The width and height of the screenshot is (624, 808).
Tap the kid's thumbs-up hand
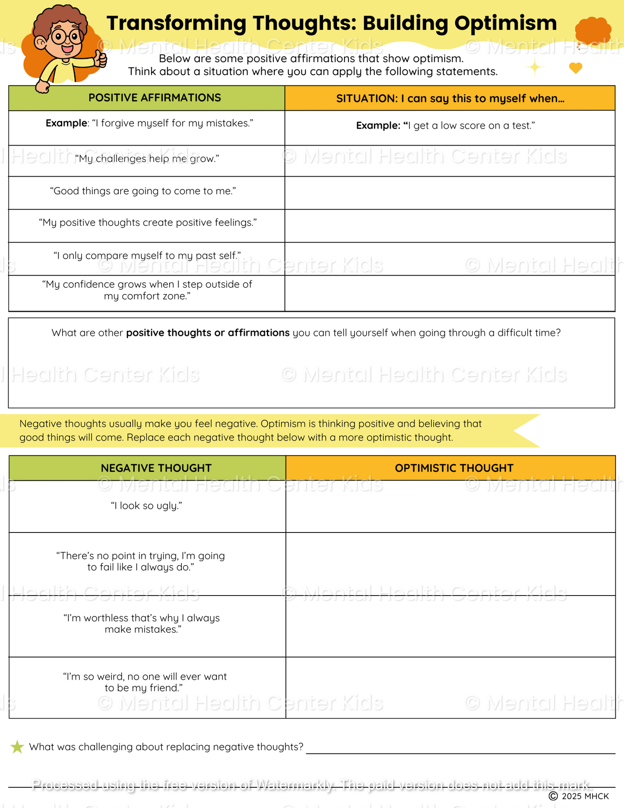point(100,60)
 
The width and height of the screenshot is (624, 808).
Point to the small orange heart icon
point(575,68)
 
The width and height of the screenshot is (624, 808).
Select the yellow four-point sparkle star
point(535,67)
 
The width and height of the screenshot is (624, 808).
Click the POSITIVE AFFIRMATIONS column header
point(155,98)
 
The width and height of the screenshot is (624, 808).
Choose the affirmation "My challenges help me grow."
point(147,159)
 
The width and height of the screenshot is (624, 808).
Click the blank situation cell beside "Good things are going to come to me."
point(450,193)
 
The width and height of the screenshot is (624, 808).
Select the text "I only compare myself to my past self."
point(147,256)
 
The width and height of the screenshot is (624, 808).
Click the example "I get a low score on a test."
point(446,126)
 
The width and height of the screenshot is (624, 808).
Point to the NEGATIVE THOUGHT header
point(156,468)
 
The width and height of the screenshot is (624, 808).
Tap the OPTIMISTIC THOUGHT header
point(454,468)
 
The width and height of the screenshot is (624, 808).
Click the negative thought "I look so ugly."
point(146,506)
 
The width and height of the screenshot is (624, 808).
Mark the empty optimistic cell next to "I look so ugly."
point(450,506)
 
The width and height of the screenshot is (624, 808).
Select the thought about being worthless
point(142,624)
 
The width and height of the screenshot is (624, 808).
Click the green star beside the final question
point(17,747)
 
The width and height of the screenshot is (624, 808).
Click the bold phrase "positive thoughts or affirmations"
point(208,333)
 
